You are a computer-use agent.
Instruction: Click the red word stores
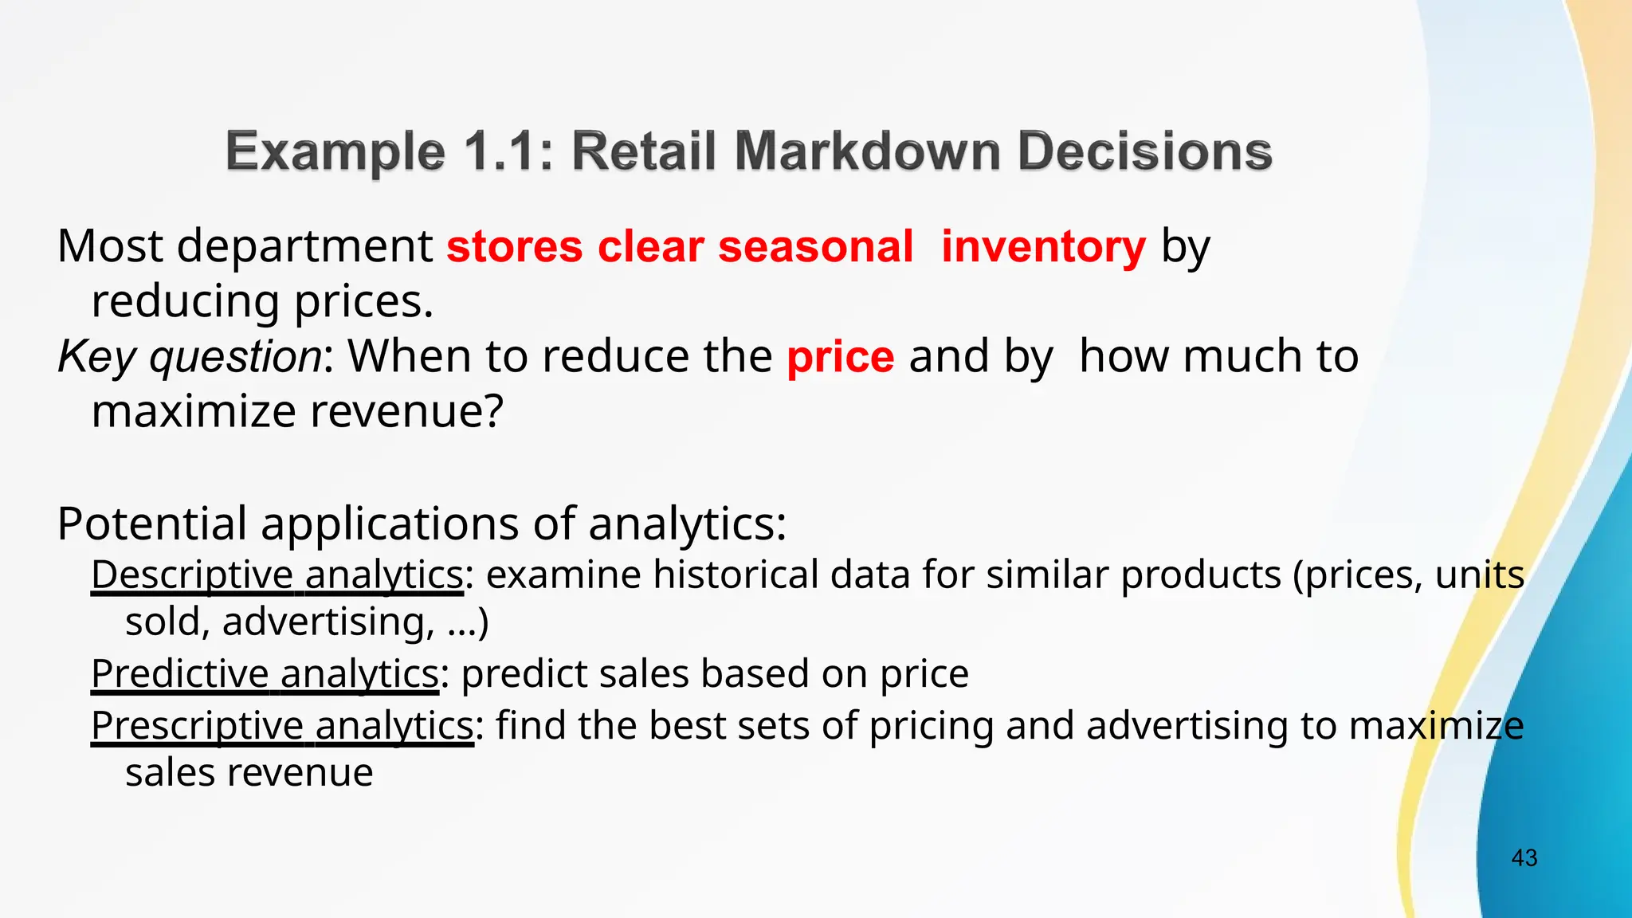click(x=514, y=246)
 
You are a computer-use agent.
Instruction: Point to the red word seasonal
click(x=815, y=246)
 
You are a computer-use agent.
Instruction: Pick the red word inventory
click(x=1043, y=246)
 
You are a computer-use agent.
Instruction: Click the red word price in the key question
click(x=840, y=356)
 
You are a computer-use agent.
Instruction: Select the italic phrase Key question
click(x=190, y=356)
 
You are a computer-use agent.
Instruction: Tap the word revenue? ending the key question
click(x=406, y=411)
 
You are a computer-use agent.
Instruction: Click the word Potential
click(x=151, y=524)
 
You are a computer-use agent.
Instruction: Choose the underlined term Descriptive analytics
click(x=277, y=575)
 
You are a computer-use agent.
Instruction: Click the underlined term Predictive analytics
click(x=265, y=673)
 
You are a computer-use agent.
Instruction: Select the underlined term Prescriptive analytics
click(x=282, y=725)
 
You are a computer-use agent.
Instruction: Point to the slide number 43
click(x=1524, y=858)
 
